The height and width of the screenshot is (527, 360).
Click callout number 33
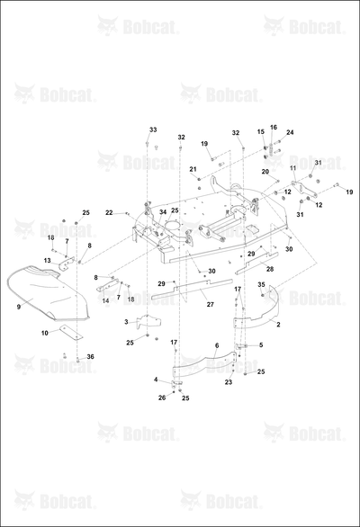(153, 130)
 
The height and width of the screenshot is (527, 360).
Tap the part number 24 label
(290, 132)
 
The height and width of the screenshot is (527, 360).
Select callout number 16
(274, 128)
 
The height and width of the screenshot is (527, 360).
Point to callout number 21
(193, 169)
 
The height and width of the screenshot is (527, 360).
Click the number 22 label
(109, 213)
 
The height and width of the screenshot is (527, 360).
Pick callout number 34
(163, 212)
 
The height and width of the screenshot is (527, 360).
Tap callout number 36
(91, 357)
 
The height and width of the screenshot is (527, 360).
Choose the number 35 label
(261, 285)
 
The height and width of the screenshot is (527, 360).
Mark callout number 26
(162, 397)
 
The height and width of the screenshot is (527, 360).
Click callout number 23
(229, 382)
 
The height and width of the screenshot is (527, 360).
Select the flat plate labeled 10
(71, 331)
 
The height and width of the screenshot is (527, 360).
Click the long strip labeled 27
(192, 288)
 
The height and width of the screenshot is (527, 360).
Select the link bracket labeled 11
(304, 190)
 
